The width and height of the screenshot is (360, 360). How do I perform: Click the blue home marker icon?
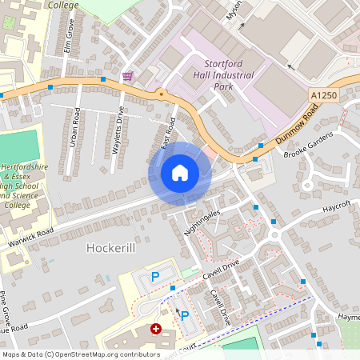[179, 173]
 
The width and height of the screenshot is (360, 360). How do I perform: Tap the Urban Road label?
[74, 127]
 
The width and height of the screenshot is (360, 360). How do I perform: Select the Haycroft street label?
[337, 206]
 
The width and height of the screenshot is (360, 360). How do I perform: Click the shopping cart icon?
[127, 76]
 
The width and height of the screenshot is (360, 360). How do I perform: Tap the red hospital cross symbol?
[156, 328]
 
